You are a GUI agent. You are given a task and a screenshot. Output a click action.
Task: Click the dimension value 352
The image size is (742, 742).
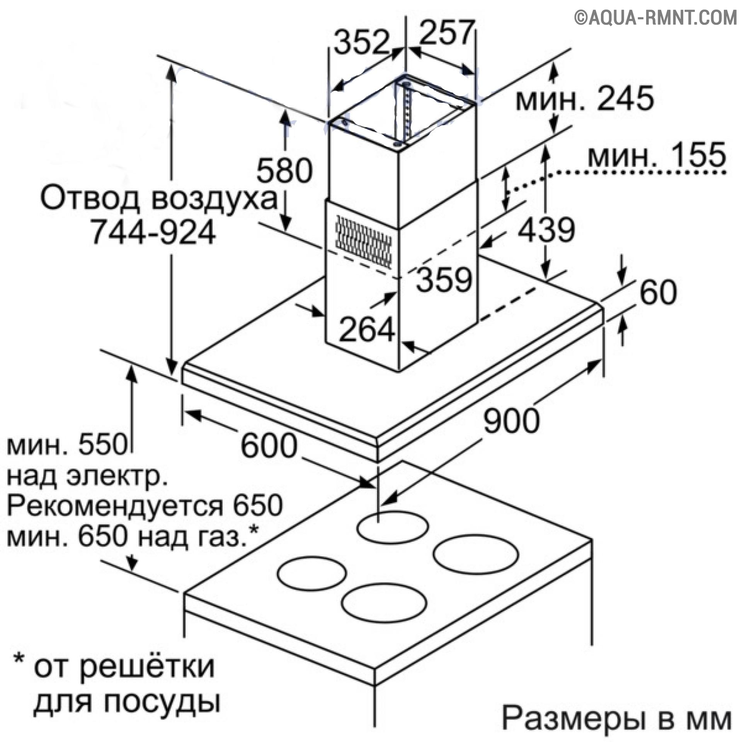point(361,41)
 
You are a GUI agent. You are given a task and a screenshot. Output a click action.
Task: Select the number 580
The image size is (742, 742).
point(284,170)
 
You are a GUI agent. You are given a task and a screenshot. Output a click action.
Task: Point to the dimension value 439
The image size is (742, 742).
point(546,230)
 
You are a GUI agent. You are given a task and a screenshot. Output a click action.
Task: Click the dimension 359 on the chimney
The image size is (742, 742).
point(444,279)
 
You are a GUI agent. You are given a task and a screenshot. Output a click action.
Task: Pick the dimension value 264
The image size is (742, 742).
point(367,329)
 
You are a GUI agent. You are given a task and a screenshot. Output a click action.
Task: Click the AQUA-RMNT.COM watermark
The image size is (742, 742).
point(655,18)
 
